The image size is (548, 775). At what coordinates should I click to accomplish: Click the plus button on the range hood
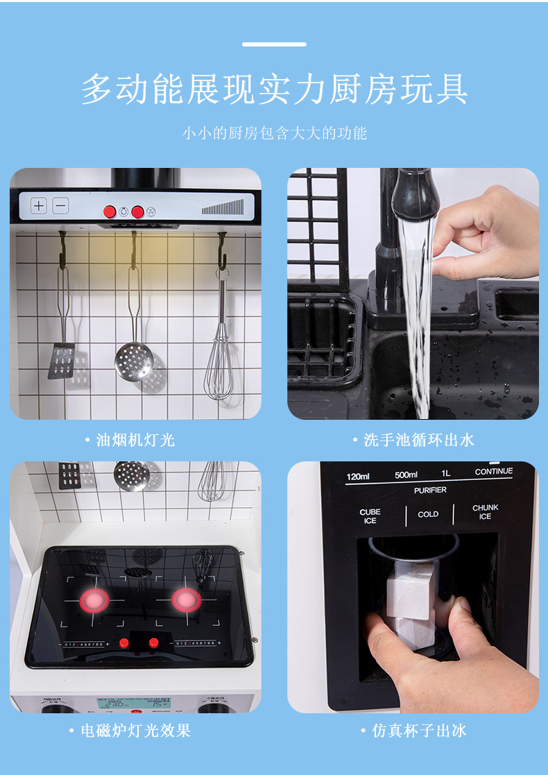click(39, 206)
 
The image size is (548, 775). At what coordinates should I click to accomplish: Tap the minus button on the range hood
click(60, 206)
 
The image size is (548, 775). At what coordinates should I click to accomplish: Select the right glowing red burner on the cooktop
click(186, 600)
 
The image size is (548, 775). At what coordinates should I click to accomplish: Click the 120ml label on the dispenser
click(358, 476)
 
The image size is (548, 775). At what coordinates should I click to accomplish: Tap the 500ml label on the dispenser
click(406, 475)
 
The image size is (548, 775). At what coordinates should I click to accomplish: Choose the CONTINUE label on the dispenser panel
click(493, 472)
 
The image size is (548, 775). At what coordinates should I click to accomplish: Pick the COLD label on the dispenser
click(428, 515)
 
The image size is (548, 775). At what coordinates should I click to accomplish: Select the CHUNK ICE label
click(485, 512)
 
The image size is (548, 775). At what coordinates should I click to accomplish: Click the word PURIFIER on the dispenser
click(430, 491)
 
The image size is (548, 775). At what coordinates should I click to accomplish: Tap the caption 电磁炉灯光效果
click(135, 731)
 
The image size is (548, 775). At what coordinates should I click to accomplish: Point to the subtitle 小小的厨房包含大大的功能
click(274, 133)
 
